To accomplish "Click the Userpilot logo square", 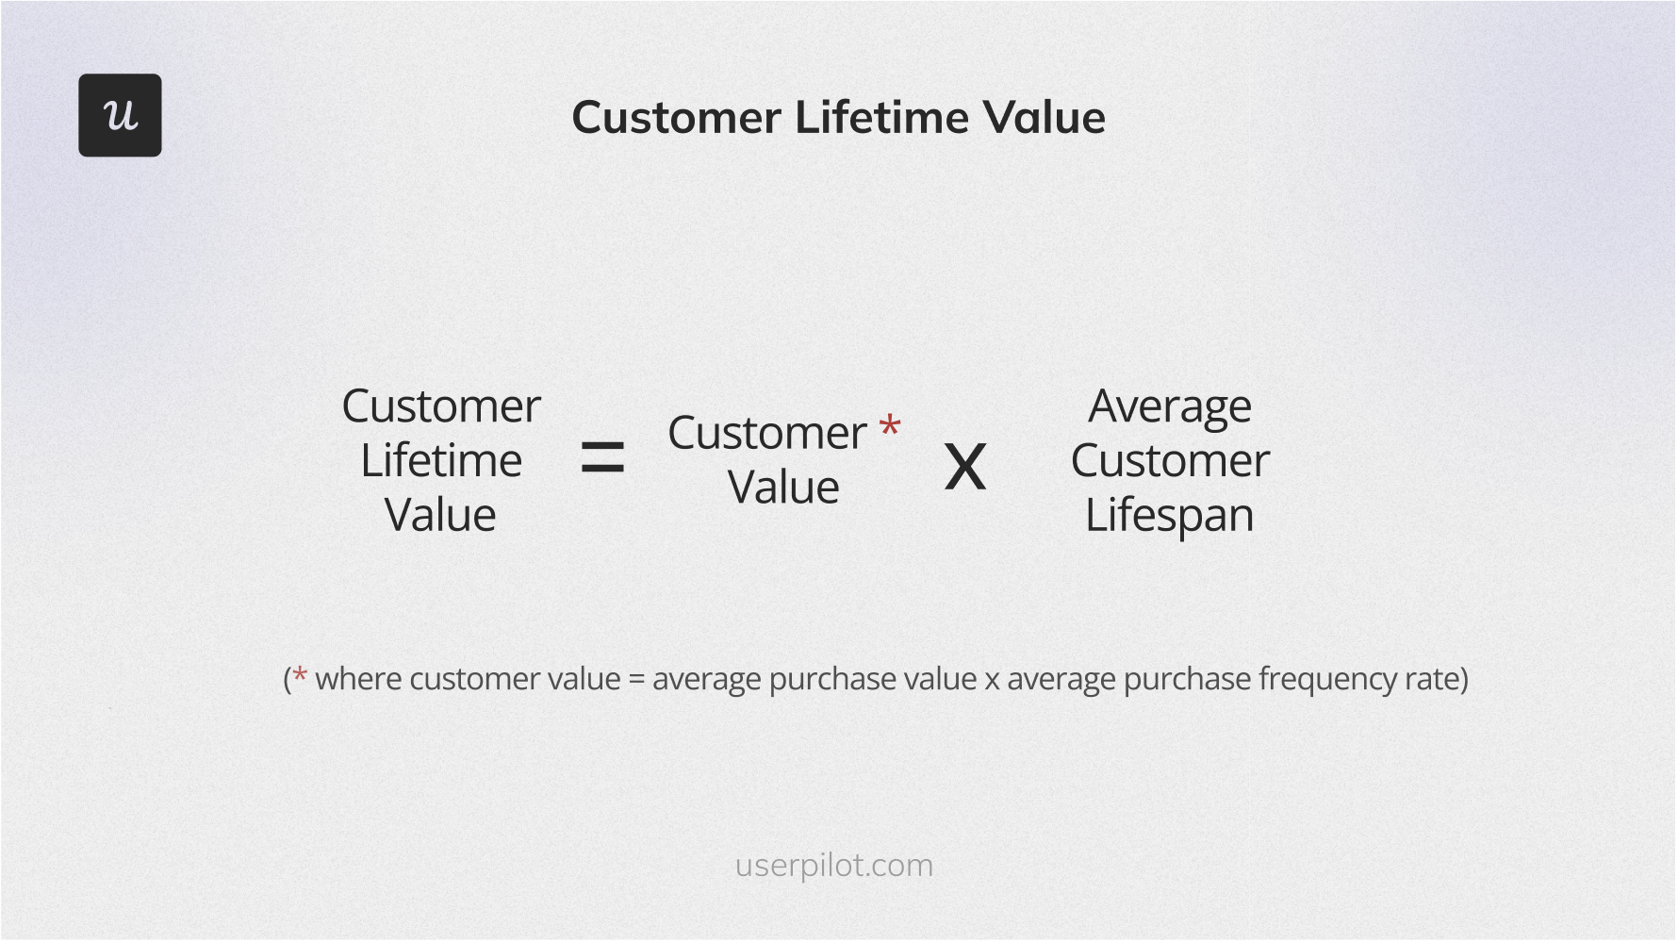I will [120, 115].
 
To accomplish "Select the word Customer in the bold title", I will [677, 118].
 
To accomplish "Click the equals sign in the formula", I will [602, 458].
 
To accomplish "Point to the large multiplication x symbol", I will [965, 467].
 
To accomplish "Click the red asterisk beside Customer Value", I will [889, 427].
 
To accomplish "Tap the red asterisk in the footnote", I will [300, 676].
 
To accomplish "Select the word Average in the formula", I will [1170, 406].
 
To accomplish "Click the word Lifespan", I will [1170, 516].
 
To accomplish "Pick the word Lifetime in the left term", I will [441, 461].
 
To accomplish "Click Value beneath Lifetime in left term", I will [440, 516].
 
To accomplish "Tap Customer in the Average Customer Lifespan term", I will [1170, 461].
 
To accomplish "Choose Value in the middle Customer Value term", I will [783, 488].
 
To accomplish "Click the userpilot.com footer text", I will [834, 865].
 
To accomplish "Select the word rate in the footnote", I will [1431, 680].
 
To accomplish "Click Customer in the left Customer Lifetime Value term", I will [441, 406].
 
